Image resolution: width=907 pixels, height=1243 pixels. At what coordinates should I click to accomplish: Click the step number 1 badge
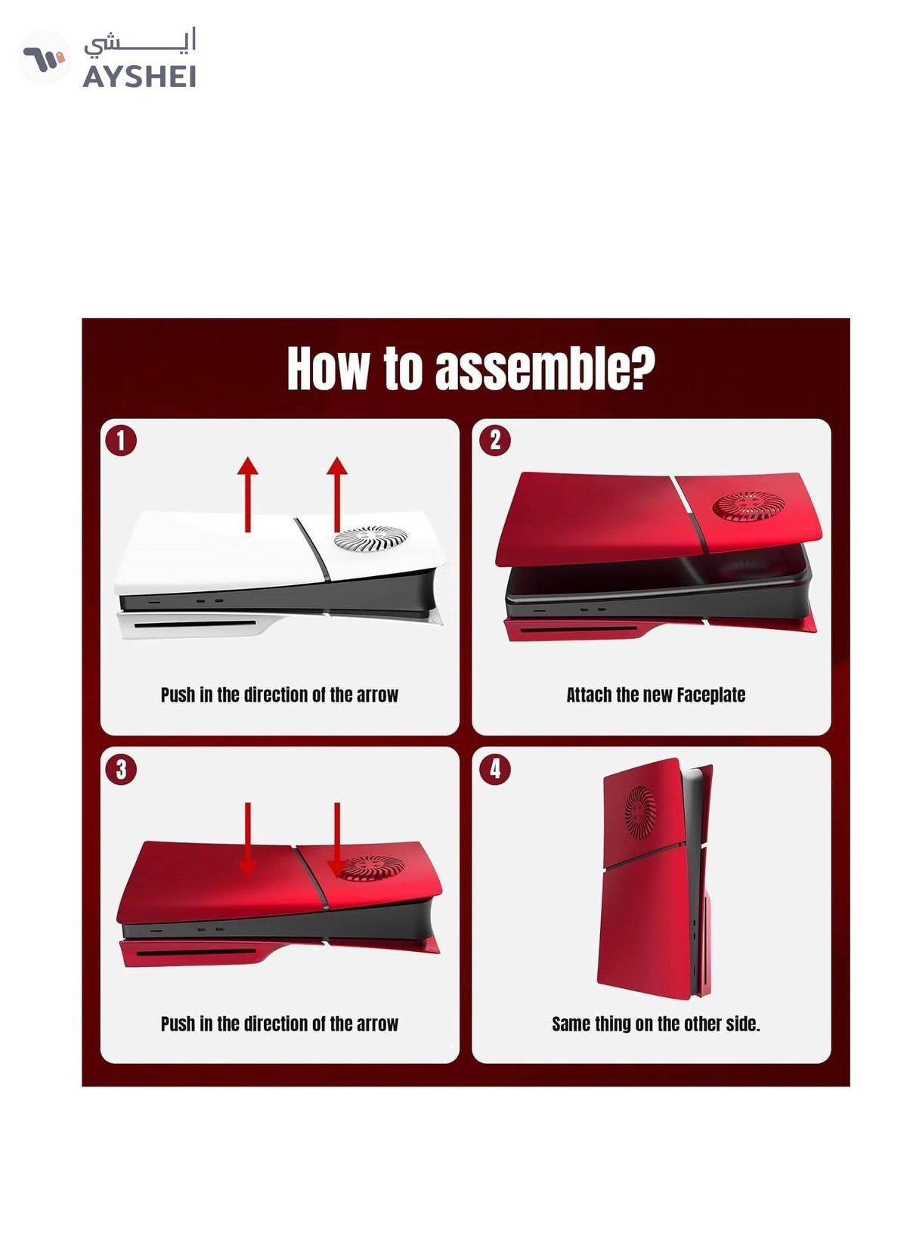[x=120, y=441]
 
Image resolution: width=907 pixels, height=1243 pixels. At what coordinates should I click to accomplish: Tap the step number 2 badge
[x=495, y=440]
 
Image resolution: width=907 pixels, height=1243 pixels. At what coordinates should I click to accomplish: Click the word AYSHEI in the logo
[x=139, y=76]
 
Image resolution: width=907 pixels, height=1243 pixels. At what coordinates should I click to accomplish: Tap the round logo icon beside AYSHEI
[x=44, y=57]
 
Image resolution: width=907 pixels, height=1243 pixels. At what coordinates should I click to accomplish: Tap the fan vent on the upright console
[x=639, y=812]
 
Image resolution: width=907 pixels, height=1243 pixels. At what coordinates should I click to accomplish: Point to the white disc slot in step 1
[x=195, y=624]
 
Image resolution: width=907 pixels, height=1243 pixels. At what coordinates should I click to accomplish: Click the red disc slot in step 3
[x=195, y=952]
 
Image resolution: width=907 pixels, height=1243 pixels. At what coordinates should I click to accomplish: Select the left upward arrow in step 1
[x=247, y=494]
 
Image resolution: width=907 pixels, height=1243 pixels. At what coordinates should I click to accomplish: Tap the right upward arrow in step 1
[x=337, y=494]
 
